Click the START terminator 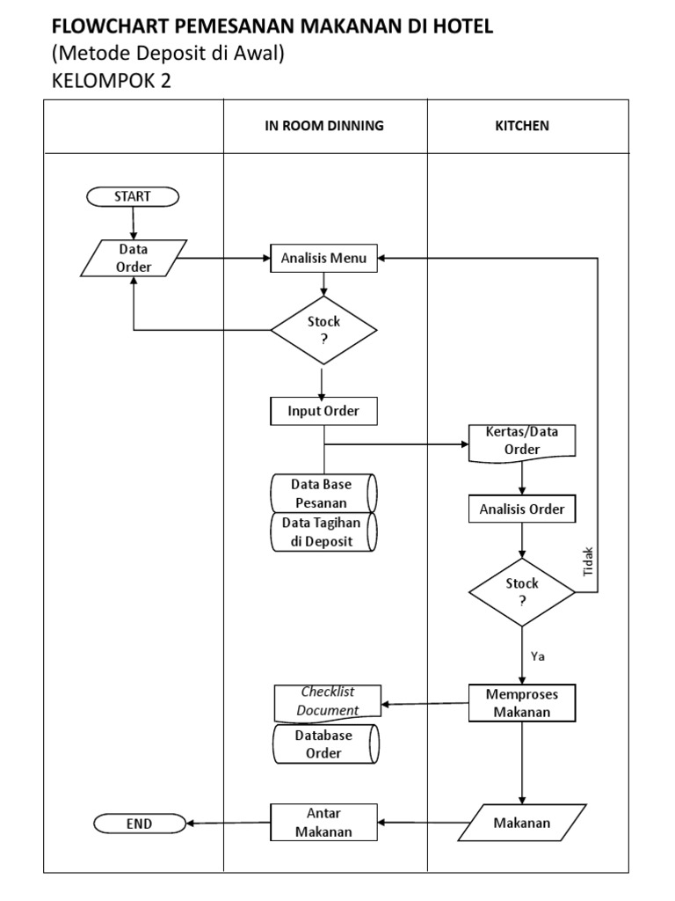[x=132, y=197]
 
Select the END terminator [x=139, y=824]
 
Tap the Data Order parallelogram [x=133, y=259]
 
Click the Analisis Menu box [x=324, y=259]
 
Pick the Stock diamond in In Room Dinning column [x=323, y=330]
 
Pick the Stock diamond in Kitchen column [x=522, y=592]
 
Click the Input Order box [x=323, y=411]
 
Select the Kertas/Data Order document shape [x=522, y=442]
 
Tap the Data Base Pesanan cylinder [x=323, y=493]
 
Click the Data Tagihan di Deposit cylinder [x=323, y=532]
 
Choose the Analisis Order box [x=522, y=509]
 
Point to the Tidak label [x=589, y=562]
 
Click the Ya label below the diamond [x=539, y=656]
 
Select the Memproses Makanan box [x=522, y=703]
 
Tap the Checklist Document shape [x=328, y=701]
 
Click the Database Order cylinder [x=324, y=744]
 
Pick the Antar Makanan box [x=324, y=824]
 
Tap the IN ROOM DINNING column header [x=324, y=126]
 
